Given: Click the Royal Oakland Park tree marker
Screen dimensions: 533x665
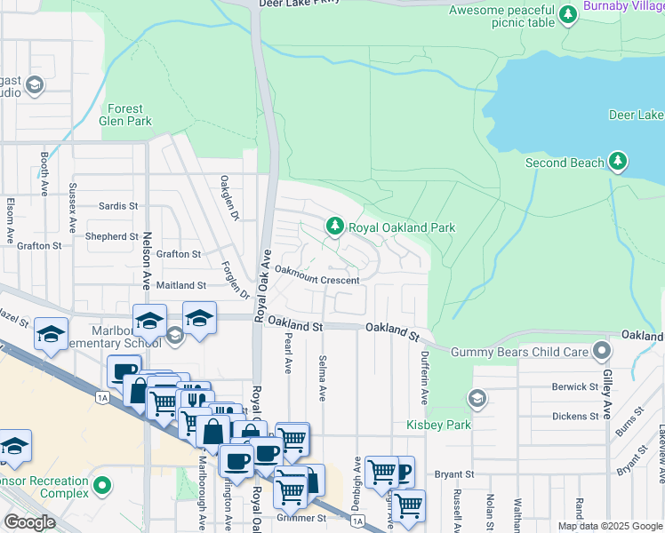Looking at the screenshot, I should click(334, 227).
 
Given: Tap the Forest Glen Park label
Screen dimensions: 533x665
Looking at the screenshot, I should click(124, 115).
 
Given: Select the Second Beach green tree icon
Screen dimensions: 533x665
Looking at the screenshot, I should click(617, 163).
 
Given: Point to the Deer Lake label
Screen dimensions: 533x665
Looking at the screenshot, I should click(637, 115).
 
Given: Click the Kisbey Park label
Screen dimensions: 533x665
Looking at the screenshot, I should click(439, 425).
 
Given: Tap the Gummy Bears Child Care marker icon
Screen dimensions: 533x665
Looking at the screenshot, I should click(602, 352).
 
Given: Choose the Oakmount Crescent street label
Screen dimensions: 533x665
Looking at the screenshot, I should click(316, 280).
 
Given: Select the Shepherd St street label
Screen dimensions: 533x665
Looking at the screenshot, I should click(111, 236).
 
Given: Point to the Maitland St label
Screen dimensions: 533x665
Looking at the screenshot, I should click(180, 285).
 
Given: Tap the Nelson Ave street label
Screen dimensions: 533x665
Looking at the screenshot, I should click(147, 262).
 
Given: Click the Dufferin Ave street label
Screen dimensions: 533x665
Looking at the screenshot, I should click(424, 378).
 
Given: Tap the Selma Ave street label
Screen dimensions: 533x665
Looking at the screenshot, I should click(320, 378).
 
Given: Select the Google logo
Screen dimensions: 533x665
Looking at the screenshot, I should click(30, 522).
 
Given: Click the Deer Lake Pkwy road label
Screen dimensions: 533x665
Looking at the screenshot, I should click(300, 4).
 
